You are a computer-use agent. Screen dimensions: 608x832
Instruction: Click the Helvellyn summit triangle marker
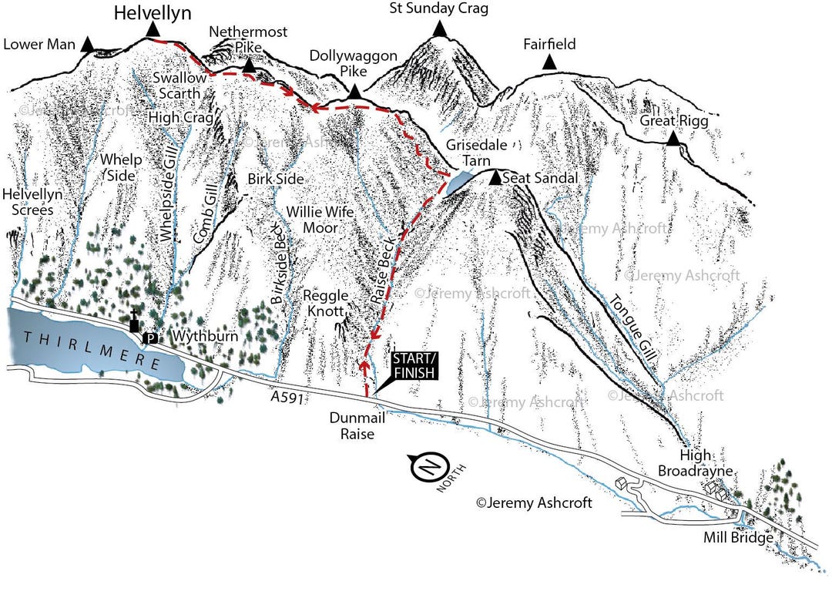pyautogui.click(x=153, y=29)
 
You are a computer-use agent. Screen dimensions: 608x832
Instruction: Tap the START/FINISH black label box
pyautogui.click(x=414, y=366)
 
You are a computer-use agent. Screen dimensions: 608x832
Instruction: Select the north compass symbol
pyautogui.click(x=429, y=467)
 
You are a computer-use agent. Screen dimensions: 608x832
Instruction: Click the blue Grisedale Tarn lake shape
pyautogui.click(x=459, y=183)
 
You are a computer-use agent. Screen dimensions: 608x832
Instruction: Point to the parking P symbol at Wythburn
pyautogui.click(x=152, y=338)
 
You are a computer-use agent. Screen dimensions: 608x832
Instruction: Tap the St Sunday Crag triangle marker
pyautogui.click(x=439, y=29)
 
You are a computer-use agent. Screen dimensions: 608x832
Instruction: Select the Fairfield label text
pyautogui.click(x=549, y=44)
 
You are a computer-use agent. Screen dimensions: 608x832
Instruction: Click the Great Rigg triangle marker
pyautogui.click(x=673, y=139)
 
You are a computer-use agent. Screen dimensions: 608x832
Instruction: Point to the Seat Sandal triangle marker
pyautogui.click(x=495, y=179)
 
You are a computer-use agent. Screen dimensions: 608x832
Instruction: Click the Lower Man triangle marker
pyautogui.click(x=88, y=45)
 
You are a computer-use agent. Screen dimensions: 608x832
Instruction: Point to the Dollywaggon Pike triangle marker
pyautogui.click(x=354, y=92)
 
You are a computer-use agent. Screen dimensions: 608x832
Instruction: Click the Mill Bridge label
pyautogui.click(x=738, y=538)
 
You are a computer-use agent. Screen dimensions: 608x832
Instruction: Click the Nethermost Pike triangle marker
pyautogui.click(x=249, y=66)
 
